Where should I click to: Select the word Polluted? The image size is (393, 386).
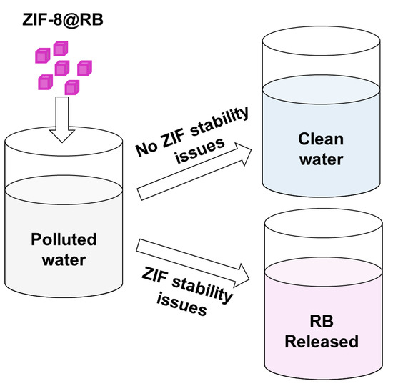tap(65, 238)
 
